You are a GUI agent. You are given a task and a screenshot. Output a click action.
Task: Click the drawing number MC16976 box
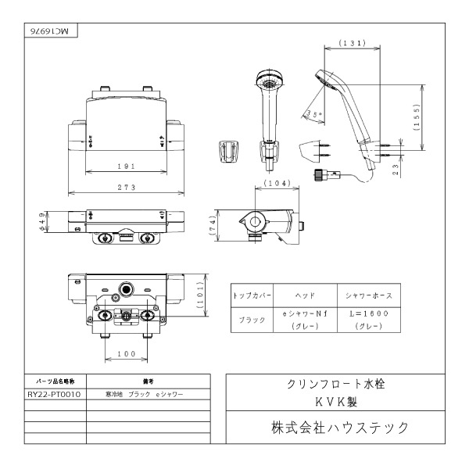pyautogui.click(x=51, y=30)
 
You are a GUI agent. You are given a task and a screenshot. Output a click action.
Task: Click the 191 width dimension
pyautogui.click(x=126, y=166)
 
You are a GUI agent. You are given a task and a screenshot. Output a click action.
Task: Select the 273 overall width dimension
pyautogui.click(x=127, y=188)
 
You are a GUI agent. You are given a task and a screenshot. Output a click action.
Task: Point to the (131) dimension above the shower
pyautogui.click(x=353, y=43)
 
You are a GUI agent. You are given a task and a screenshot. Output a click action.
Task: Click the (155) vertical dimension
pyautogui.click(x=417, y=117)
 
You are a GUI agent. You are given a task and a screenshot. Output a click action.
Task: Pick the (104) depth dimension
pyautogui.click(x=277, y=183)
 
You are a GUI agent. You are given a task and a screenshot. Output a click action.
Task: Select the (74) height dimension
pyautogui.click(x=213, y=225)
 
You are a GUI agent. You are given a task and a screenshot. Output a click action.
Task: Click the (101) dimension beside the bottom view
pyautogui.click(x=200, y=295)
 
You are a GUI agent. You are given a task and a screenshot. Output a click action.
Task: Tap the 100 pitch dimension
pyautogui.click(x=127, y=354)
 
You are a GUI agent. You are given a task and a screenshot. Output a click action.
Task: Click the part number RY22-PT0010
pyautogui.click(x=54, y=394)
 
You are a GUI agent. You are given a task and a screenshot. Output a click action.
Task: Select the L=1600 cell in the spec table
pyautogui.click(x=369, y=313)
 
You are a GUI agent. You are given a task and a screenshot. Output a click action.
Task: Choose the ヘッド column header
pyautogui.click(x=305, y=295)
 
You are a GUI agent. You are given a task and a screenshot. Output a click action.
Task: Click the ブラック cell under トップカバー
pyautogui.click(x=252, y=320)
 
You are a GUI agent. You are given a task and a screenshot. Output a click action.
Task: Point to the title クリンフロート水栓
pyautogui.click(x=335, y=384)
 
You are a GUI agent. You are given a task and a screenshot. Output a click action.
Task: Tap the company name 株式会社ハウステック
pyautogui.click(x=339, y=428)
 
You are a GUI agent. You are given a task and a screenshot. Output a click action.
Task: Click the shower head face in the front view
pyautogui.click(x=269, y=80)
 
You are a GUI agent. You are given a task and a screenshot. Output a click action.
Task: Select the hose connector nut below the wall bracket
pyautogui.click(x=320, y=174)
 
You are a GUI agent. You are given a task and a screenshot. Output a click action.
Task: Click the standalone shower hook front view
pyautogui.click(x=228, y=151)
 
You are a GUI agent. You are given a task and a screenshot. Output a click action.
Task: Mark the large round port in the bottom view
pyautogui.click(x=127, y=289)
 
